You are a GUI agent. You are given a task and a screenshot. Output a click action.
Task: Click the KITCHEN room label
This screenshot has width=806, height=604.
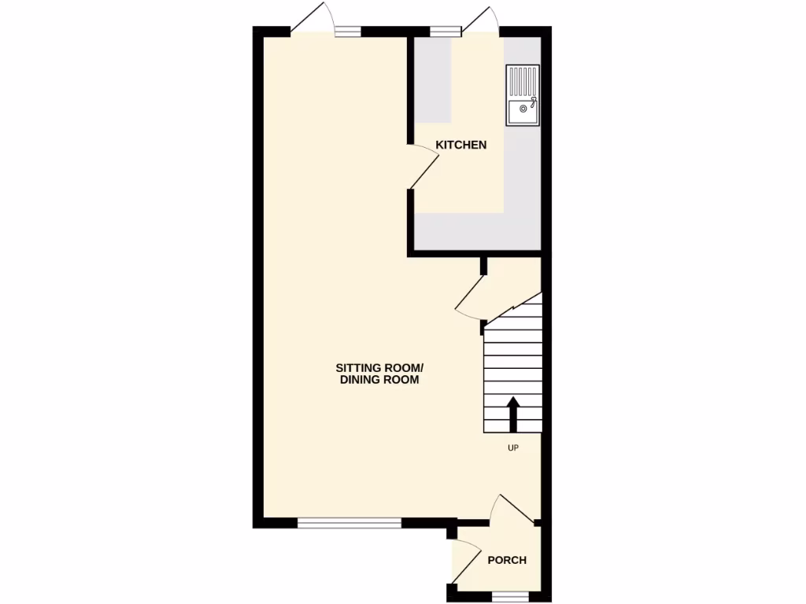click(x=461, y=145)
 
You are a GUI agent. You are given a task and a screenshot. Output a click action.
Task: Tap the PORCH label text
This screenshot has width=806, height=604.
click(x=507, y=561)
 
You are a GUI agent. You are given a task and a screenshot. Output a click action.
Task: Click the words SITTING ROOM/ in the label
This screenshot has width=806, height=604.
click(x=380, y=367)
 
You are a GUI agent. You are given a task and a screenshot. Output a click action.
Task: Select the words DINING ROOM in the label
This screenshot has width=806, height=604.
click(x=379, y=380)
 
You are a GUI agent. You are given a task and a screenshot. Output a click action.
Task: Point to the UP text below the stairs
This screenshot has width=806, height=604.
click(x=513, y=447)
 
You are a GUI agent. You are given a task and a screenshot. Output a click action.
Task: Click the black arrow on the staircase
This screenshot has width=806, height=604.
click(x=513, y=414)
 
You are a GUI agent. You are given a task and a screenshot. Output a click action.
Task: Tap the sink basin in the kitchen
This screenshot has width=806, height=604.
click(x=522, y=112)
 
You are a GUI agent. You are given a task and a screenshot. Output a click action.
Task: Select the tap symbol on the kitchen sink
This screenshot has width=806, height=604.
click(x=533, y=101)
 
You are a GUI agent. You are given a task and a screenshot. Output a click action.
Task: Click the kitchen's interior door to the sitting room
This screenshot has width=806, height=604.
click(x=424, y=168)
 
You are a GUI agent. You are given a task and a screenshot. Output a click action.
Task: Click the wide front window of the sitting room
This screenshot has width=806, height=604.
click(x=349, y=522)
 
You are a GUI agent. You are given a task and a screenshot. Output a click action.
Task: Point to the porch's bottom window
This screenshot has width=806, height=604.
click(x=507, y=597)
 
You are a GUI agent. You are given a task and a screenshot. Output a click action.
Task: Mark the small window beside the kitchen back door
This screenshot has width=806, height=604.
click(x=446, y=31)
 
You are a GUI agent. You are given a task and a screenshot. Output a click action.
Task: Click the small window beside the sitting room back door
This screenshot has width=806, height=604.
click(x=347, y=31)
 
